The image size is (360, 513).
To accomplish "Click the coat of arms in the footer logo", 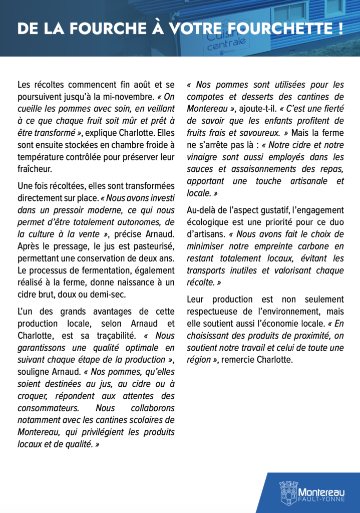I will coord(288,492).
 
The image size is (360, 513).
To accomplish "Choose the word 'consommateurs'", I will coord(48,408).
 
